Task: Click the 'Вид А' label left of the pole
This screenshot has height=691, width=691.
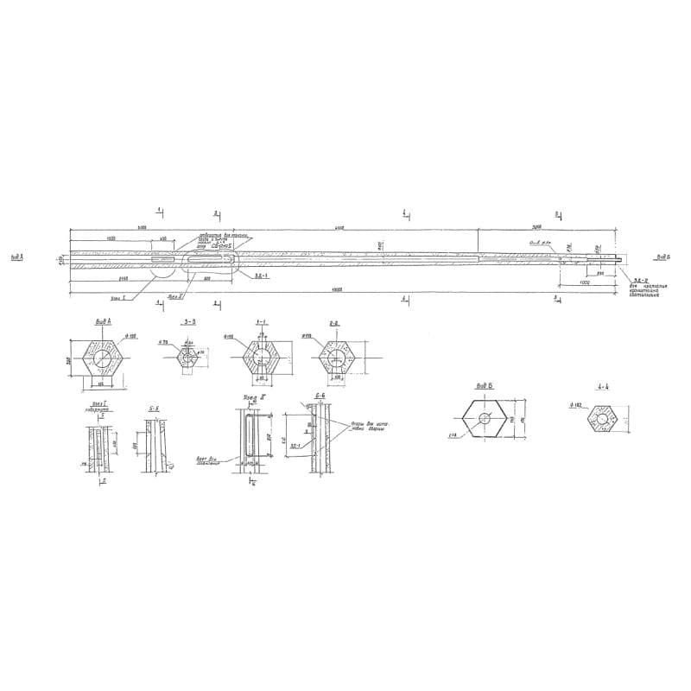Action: [x=17, y=257]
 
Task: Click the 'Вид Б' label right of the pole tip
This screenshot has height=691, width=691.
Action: [x=662, y=257]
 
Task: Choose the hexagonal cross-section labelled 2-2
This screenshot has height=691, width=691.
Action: [x=335, y=357]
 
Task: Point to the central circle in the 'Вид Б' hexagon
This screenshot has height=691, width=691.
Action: [x=486, y=418]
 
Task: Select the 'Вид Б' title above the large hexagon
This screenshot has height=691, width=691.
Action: [x=485, y=387]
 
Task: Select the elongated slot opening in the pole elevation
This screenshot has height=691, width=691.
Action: [x=211, y=257]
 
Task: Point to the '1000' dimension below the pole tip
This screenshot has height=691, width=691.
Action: [x=585, y=282]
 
